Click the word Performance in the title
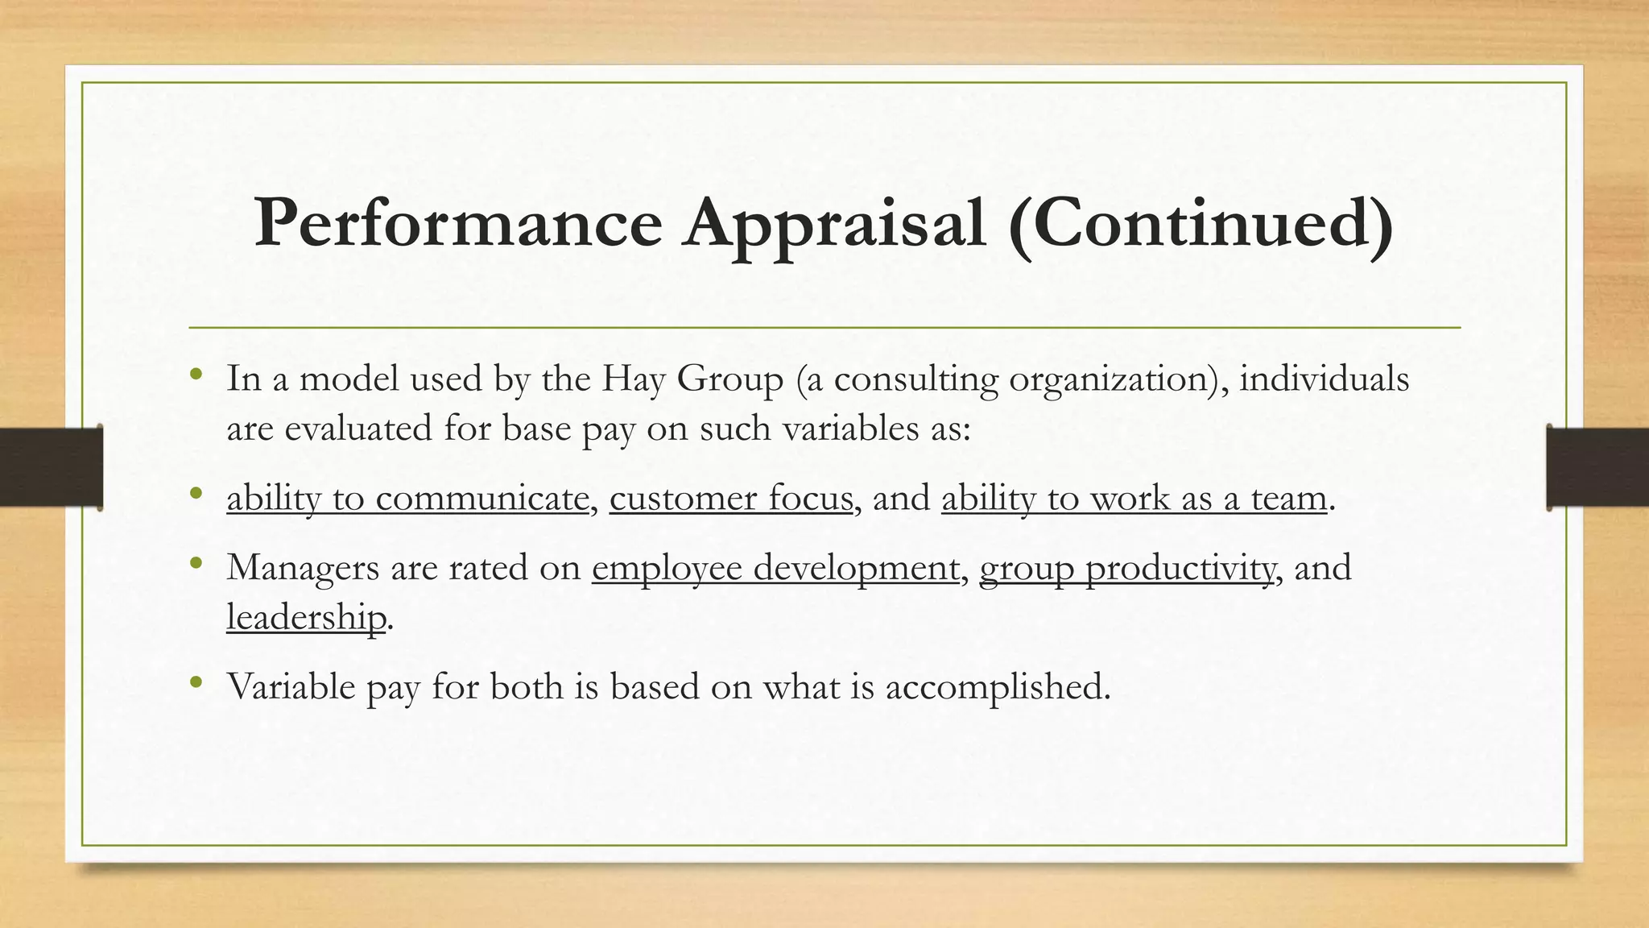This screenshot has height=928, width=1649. [x=457, y=223]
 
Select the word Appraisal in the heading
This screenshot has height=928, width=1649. [x=834, y=223]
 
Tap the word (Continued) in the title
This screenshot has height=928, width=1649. [x=1201, y=223]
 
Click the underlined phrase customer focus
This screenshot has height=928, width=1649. [x=730, y=498]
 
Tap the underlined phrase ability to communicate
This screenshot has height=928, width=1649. [x=407, y=498]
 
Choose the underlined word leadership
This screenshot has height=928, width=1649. [x=306, y=617]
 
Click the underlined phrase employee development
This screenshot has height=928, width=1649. [x=775, y=568]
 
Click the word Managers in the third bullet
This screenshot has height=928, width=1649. [x=303, y=568]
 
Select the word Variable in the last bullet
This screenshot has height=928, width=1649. [x=291, y=686]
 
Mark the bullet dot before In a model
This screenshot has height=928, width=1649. [x=196, y=375]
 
